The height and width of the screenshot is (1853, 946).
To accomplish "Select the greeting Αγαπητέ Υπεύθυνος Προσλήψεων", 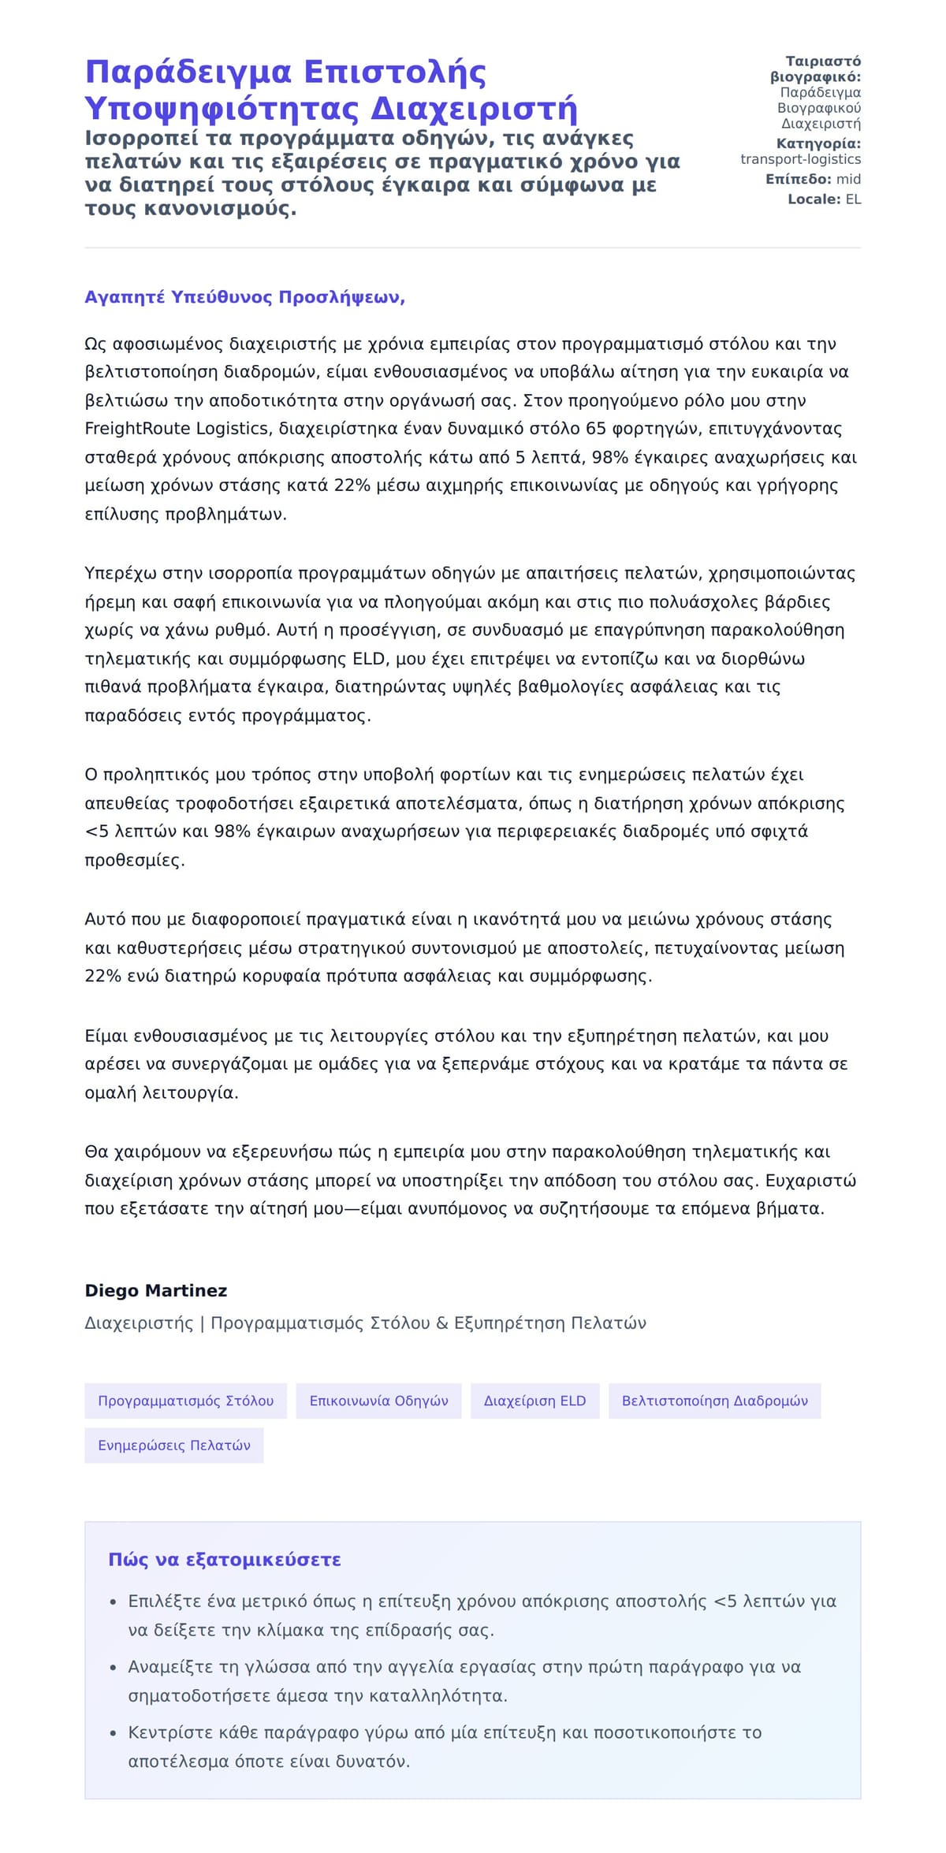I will coord(244,297).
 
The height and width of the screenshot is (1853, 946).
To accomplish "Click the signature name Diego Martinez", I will coord(156,1290).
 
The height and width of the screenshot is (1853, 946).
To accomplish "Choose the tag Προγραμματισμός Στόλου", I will coord(185,1401).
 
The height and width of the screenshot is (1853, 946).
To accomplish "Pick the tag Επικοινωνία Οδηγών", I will coord(378,1401).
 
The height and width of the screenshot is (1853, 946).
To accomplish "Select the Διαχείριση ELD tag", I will coord(534,1401).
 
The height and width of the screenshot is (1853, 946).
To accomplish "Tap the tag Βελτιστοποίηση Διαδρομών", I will coord(714,1401).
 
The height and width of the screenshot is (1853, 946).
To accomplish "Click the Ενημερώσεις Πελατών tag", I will coord(174,1445).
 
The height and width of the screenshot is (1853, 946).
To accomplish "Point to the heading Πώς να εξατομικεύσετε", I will coord(225,1560).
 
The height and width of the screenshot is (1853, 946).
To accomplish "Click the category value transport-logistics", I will coord(800,159).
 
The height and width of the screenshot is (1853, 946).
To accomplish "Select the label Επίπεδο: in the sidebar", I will coord(798,179).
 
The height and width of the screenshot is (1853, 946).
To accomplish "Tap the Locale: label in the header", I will coord(814,199).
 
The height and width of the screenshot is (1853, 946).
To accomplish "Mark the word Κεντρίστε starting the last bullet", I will coord(167,1732).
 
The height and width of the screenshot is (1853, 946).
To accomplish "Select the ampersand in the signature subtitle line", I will coord(440,1323).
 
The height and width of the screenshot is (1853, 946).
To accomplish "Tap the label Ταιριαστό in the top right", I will coord(823,61).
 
